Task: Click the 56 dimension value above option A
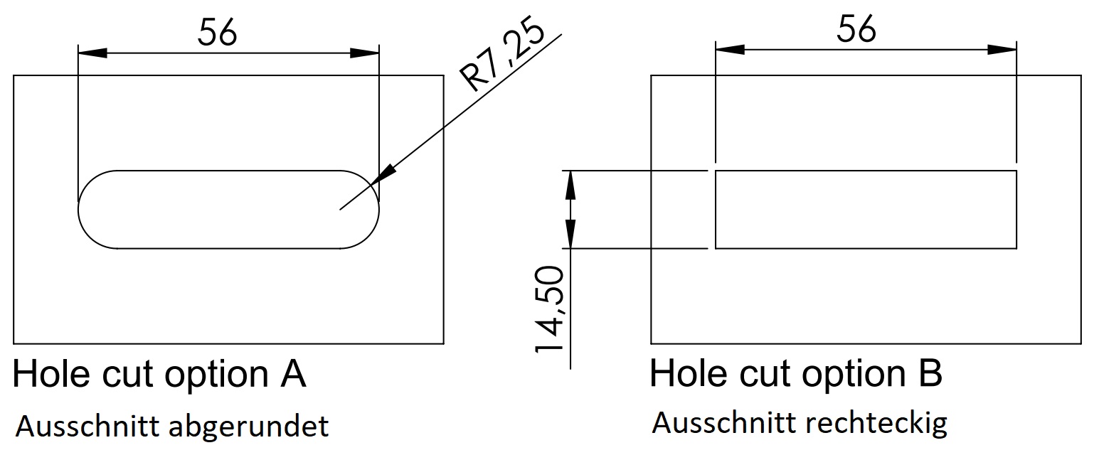pos(217,33)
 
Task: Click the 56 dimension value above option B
pos(856,30)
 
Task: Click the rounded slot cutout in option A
pos(228,210)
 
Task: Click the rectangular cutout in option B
pos(865,210)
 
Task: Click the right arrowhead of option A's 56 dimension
pos(365,53)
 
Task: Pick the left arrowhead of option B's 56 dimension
pos(730,50)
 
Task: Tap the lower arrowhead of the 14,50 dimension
pos(570,235)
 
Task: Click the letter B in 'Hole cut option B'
pos(930,373)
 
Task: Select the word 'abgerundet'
pos(250,427)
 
